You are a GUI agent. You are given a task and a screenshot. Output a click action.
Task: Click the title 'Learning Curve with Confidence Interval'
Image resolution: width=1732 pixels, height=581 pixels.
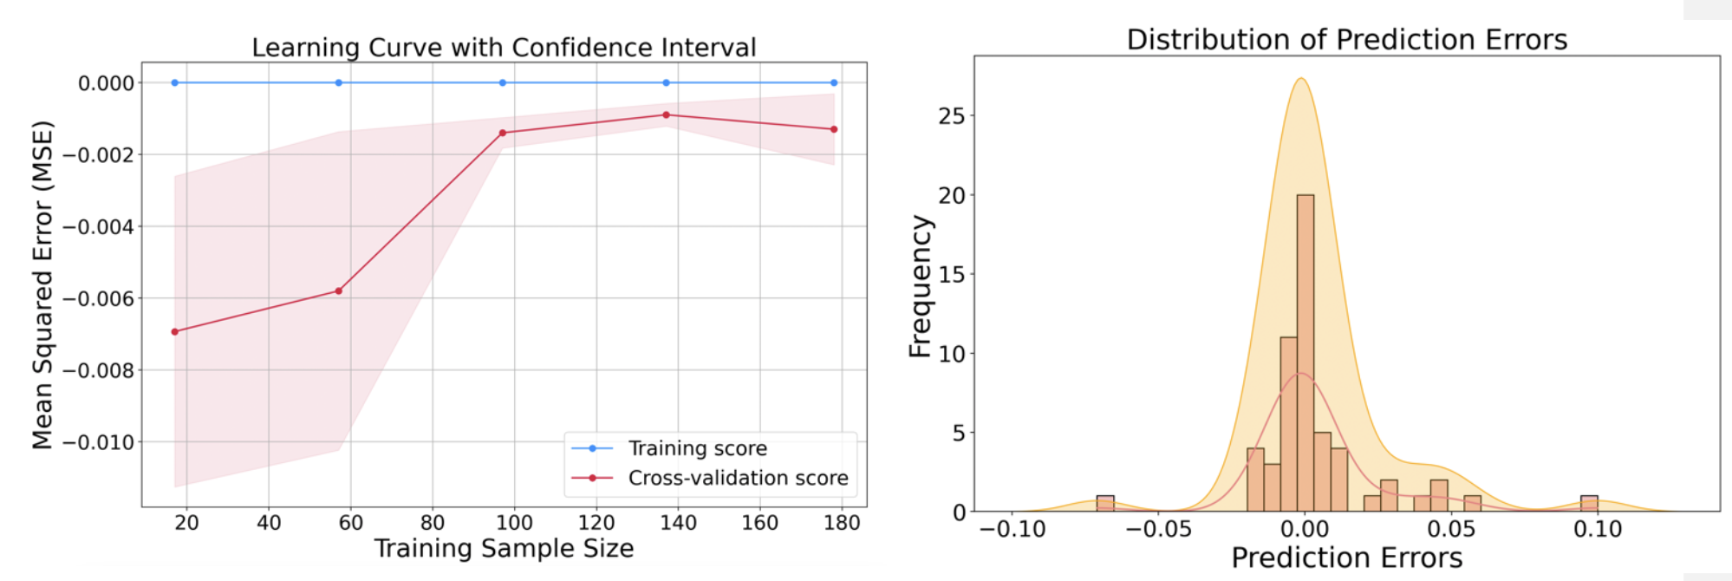504,47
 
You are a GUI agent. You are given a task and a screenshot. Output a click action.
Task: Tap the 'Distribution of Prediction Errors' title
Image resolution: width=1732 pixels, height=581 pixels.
1346,39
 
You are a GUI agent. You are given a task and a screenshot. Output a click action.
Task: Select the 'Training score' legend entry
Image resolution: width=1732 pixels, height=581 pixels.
697,448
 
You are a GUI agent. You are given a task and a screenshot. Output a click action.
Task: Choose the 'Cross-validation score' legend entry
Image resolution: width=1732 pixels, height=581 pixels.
738,478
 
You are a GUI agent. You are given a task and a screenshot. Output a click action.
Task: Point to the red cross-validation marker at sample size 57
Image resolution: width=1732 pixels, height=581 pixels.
338,290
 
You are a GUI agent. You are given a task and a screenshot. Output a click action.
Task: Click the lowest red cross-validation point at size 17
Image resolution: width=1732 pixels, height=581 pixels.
175,331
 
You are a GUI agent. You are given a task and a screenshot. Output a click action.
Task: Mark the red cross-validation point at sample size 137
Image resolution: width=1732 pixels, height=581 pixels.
666,114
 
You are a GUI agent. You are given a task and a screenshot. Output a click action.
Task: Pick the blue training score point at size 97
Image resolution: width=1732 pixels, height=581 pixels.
503,83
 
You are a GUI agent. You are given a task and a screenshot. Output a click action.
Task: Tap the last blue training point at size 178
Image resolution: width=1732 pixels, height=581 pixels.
834,83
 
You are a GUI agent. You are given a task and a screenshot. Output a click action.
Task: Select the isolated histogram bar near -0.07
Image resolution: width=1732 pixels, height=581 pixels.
1105,503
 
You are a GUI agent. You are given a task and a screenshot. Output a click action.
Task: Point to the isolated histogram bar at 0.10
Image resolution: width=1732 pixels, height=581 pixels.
1589,503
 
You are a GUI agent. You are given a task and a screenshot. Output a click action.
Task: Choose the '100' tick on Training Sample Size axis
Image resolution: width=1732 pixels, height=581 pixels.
514,523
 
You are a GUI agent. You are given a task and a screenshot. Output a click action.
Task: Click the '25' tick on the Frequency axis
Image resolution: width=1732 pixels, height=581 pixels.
951,116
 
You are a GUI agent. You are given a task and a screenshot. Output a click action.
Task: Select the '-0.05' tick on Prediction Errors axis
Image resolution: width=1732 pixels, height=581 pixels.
1158,529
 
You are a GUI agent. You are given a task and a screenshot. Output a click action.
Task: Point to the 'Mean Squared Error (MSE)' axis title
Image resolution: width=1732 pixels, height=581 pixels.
42,284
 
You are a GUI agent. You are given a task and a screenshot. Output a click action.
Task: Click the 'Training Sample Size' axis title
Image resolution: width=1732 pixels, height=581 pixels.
504,549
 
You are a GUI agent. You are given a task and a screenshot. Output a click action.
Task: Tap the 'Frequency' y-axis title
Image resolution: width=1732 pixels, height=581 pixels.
920,286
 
